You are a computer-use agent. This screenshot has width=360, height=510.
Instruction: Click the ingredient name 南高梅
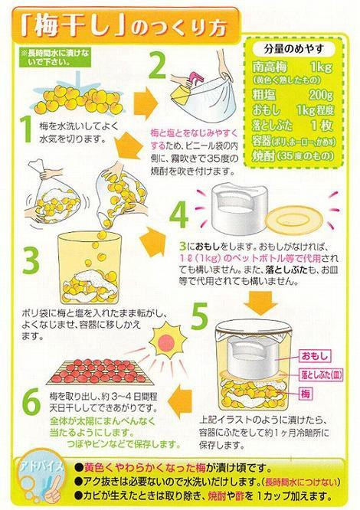270,69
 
